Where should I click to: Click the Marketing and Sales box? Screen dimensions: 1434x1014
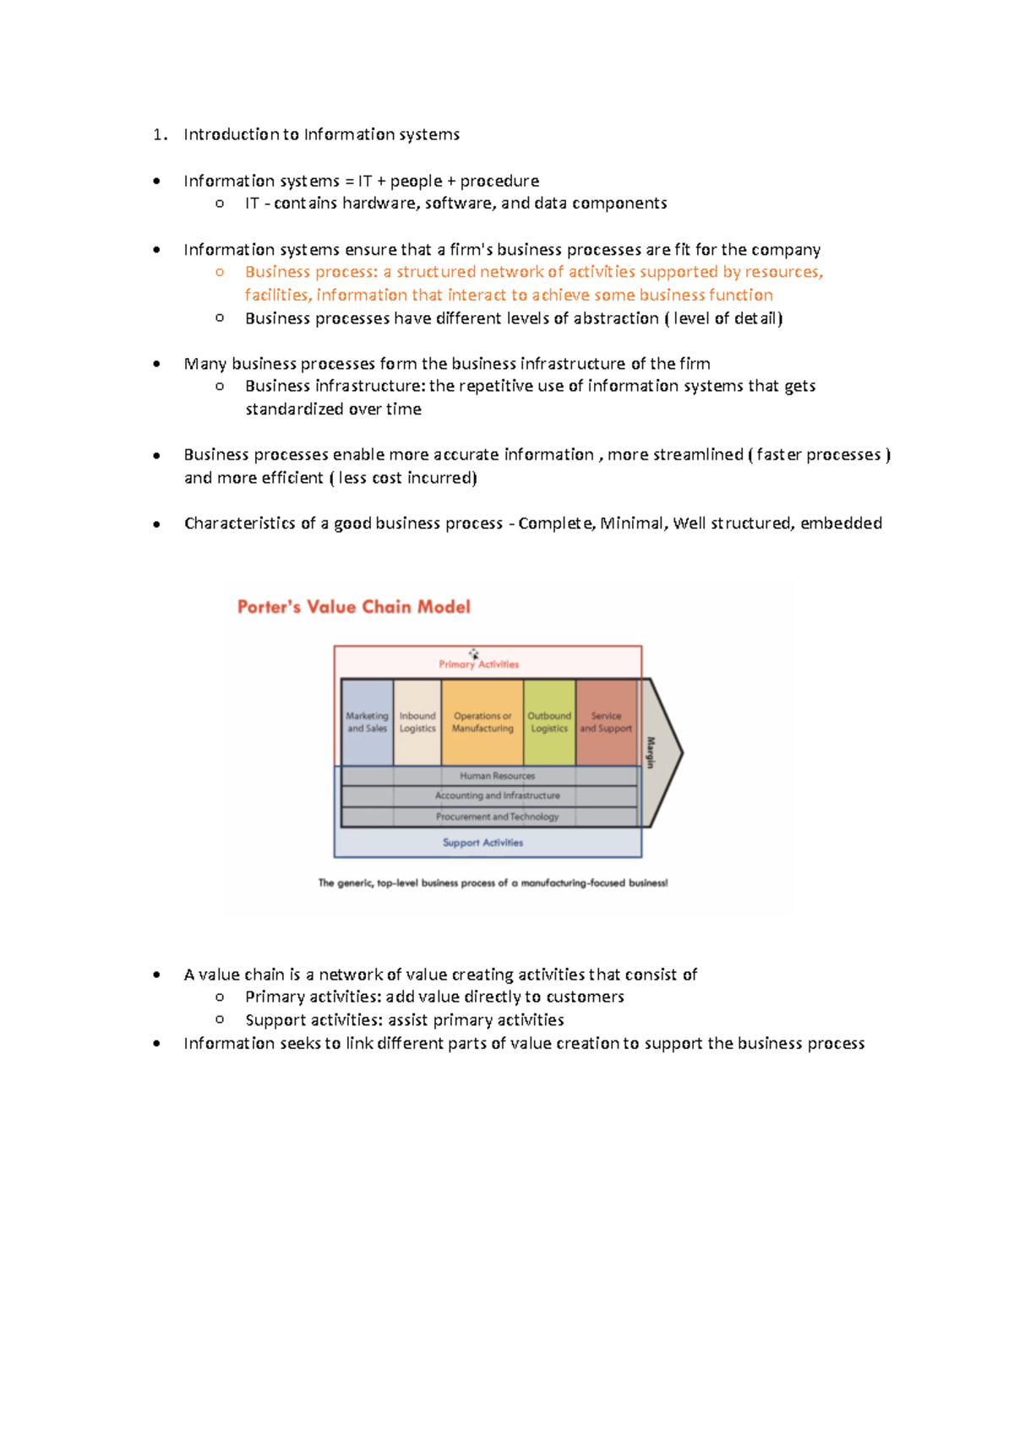[367, 722]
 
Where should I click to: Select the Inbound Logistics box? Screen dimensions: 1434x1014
[417, 722]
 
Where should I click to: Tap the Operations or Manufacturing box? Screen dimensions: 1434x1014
[482, 722]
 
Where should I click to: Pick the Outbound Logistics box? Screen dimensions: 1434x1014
[549, 722]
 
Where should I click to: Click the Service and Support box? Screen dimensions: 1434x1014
[606, 722]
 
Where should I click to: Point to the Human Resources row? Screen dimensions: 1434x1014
[497, 775]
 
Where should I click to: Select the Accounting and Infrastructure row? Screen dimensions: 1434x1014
[497, 796]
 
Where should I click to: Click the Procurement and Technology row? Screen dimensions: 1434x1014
[497, 817]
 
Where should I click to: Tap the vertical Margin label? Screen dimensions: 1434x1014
[651, 752]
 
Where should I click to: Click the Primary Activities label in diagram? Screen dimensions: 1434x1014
[478, 664]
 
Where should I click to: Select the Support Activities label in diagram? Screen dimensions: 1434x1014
[482, 843]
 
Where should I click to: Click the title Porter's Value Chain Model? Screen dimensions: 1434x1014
[353, 607]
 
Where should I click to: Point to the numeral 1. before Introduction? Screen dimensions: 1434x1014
[160, 134]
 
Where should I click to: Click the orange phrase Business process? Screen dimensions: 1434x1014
[311, 272]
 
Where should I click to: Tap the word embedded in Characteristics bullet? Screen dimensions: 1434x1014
[841, 524]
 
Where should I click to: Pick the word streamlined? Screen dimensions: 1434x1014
[698, 454]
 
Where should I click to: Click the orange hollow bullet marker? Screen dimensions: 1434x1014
[220, 272]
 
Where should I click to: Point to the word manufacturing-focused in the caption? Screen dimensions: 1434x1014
[573, 883]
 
